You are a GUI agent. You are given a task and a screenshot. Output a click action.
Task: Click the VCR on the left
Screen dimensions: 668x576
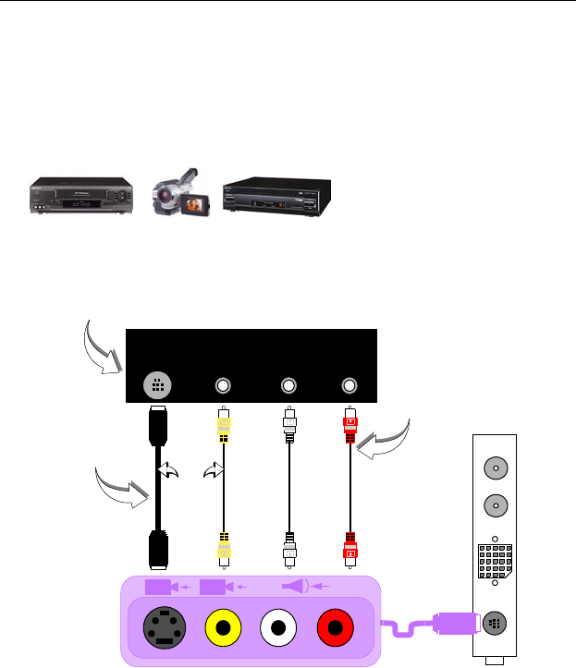coord(80,197)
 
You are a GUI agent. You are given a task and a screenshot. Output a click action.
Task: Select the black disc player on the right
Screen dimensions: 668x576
coord(275,195)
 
